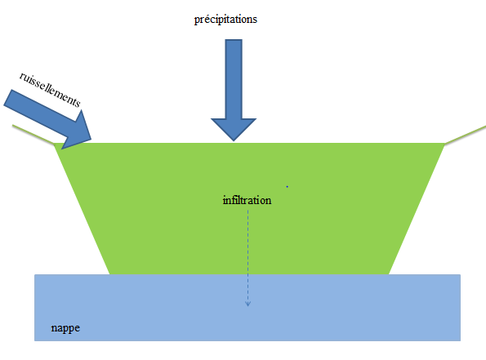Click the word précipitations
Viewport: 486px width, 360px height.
(225, 20)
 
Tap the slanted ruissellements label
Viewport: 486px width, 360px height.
(50, 89)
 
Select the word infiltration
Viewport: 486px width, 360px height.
(247, 200)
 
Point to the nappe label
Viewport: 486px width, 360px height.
(65, 328)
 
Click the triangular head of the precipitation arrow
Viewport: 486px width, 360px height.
(234, 129)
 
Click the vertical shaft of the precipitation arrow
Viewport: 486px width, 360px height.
(234, 79)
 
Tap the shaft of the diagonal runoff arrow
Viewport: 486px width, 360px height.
(40, 109)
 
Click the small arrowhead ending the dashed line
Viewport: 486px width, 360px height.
(247, 304)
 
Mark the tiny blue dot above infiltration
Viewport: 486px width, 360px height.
(288, 186)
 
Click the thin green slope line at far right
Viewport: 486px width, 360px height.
(466, 135)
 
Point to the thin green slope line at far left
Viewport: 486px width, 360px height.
(33, 134)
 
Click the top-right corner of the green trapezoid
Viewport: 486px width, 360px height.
(445, 144)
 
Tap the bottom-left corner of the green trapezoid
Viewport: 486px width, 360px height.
(109, 274)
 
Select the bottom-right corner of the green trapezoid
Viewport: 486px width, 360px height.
(389, 274)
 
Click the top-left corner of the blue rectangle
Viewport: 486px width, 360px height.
(34, 274)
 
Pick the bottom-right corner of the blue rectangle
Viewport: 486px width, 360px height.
(461, 340)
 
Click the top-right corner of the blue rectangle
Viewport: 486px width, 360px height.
(461, 274)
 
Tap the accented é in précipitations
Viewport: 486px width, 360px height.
(206, 20)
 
